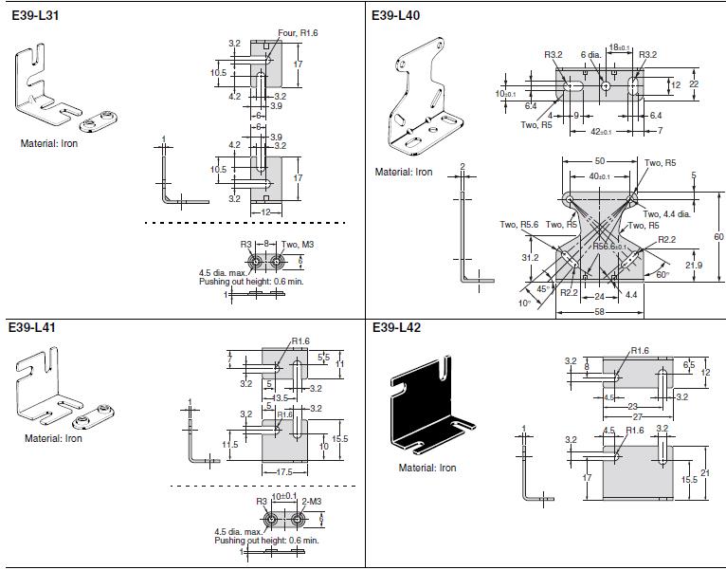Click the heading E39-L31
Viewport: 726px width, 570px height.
tap(32, 15)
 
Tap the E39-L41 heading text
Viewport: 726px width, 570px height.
tap(32, 327)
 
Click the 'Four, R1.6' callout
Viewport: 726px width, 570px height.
tap(299, 32)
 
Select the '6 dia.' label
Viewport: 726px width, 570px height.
tap(591, 54)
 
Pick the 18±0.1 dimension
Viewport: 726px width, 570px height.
tap(620, 46)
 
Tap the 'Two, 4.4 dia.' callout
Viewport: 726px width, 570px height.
tap(669, 214)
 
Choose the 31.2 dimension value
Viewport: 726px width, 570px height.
tap(530, 257)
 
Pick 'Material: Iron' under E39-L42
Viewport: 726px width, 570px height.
tap(427, 468)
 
